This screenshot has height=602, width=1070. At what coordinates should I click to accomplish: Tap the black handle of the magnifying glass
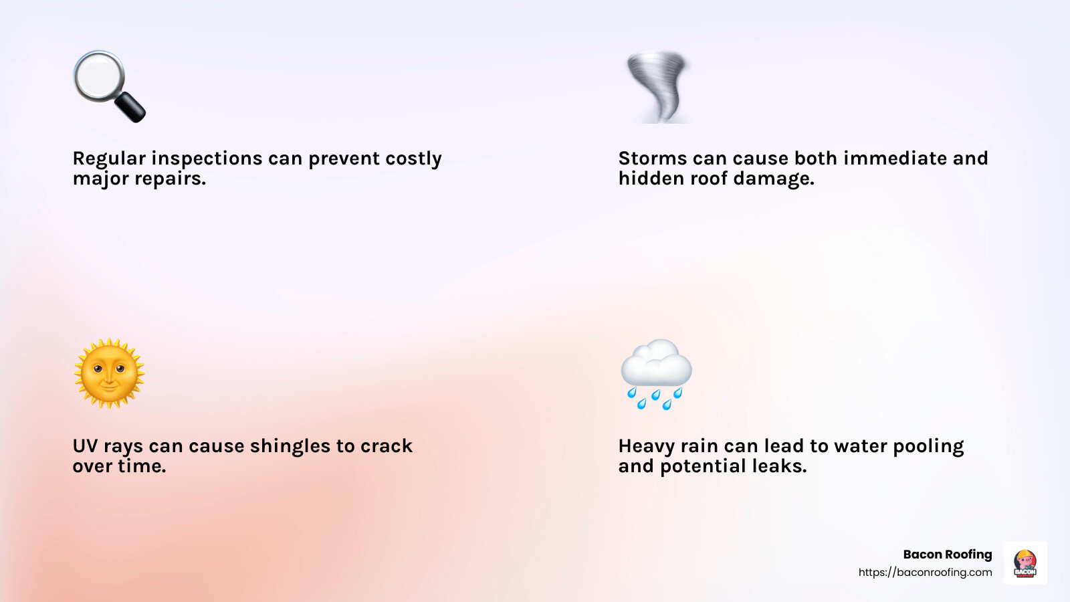coord(130,107)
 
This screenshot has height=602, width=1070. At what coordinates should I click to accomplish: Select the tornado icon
coord(658,87)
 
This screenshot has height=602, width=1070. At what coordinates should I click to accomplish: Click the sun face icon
coord(110,374)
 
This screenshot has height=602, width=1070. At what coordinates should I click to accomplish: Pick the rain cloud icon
coord(656,374)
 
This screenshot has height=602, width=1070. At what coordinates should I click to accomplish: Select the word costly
coord(414,159)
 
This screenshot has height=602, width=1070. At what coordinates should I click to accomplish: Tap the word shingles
coord(290,447)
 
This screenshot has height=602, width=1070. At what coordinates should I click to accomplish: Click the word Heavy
coord(646,447)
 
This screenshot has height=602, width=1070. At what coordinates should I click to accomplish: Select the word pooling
coord(928,447)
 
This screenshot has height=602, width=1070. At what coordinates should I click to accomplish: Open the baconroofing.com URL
coord(926,573)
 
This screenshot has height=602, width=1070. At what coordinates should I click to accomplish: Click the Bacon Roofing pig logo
coord(1025,563)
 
